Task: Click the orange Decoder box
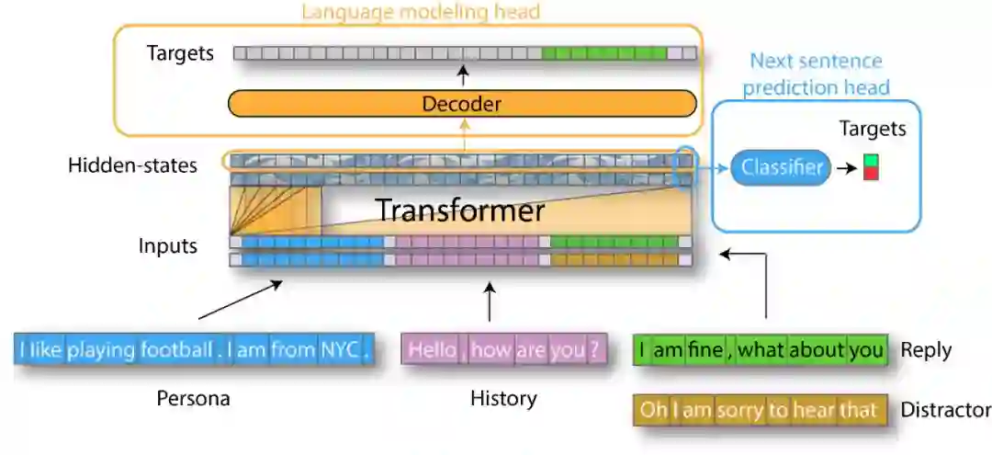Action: pos(461,104)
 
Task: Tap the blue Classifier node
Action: pos(781,167)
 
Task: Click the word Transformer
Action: pos(459,210)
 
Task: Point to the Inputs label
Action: pos(167,246)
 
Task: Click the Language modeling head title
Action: pos(421,12)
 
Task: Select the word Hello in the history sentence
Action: pos(432,350)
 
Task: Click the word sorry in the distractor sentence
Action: pos(738,409)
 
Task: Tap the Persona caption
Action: pos(193,399)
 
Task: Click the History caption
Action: pos(502,399)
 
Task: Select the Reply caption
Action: pos(925,350)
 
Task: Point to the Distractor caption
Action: pos(945,410)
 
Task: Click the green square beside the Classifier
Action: pos(871,161)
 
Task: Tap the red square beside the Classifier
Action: pos(871,173)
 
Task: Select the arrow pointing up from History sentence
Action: pos(488,302)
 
